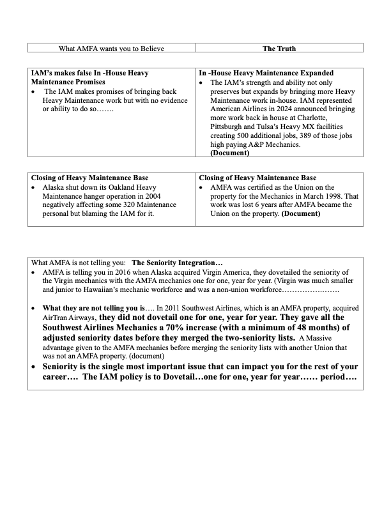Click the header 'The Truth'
(x=279, y=48)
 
